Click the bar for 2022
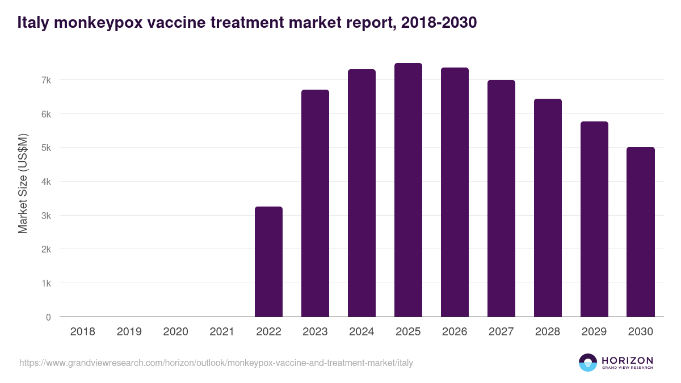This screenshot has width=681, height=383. click(268, 262)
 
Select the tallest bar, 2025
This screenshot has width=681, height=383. click(408, 190)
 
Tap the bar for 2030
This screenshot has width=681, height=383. click(641, 232)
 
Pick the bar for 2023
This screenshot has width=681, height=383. click(315, 203)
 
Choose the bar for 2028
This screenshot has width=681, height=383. click(548, 208)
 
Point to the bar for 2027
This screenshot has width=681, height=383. click(501, 199)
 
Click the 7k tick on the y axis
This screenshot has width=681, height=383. click(46, 80)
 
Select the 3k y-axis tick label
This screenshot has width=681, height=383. click(46, 216)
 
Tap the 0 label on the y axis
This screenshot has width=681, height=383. click(48, 317)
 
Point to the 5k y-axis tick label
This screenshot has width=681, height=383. click(46, 148)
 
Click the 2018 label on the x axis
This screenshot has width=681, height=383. click(82, 332)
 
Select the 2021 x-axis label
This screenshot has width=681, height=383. click(222, 332)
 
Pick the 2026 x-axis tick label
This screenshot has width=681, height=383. click(455, 332)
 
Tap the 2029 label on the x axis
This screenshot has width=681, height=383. click(594, 332)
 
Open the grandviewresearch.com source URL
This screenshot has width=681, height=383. click(216, 363)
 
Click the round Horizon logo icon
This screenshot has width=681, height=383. click(588, 363)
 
